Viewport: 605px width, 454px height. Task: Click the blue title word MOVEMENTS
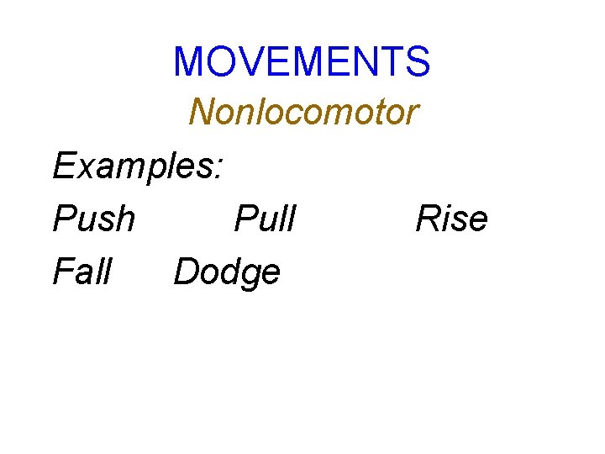(x=302, y=61)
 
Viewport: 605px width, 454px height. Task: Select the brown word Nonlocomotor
(x=303, y=112)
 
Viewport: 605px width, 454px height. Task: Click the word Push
(x=93, y=219)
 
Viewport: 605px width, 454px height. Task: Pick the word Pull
(x=266, y=219)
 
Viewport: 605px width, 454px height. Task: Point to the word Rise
(x=451, y=219)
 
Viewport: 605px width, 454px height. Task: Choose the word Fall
(x=82, y=272)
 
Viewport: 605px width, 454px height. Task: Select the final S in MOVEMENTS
(x=418, y=61)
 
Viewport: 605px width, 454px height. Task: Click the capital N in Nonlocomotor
(x=203, y=112)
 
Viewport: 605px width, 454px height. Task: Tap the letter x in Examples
(x=80, y=169)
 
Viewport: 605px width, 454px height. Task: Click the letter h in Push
(x=124, y=219)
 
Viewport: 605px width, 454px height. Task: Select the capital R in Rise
(x=428, y=219)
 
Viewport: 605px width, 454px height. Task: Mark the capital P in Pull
(x=244, y=219)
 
